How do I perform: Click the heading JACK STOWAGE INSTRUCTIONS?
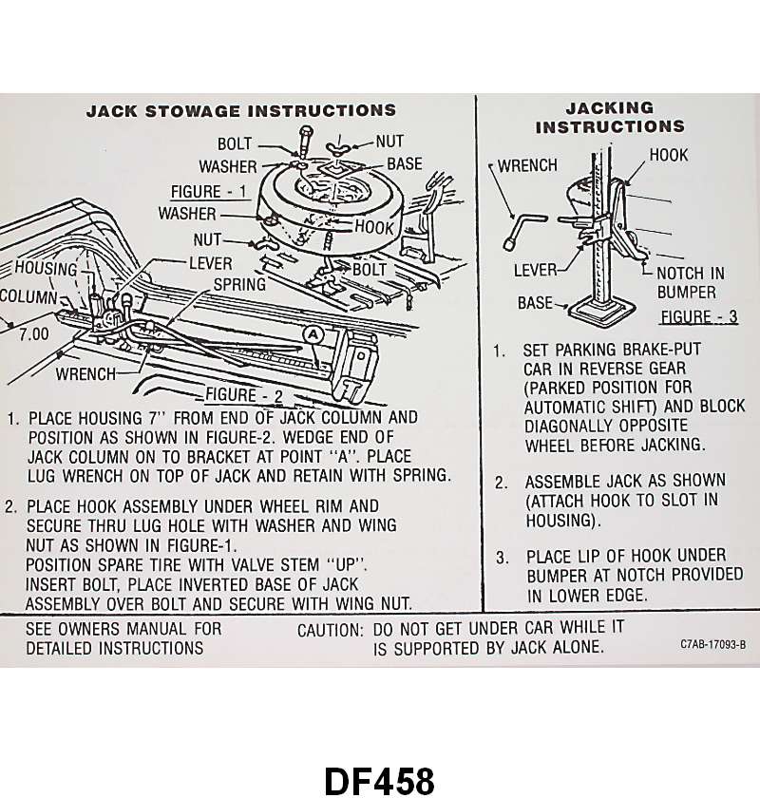pos(241,111)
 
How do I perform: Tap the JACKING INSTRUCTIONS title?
pos(610,117)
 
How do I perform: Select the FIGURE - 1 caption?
pos(209,190)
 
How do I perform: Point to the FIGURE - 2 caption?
pos(244,394)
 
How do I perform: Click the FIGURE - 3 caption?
pos(699,316)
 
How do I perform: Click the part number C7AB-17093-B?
pos(712,645)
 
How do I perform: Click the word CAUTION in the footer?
pos(330,630)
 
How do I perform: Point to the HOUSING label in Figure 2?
pos(45,269)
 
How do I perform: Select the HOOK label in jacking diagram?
pos(669,155)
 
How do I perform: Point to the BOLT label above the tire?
pos(235,144)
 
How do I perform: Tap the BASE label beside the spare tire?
pos(404,163)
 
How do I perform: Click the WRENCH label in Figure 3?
pos(527,165)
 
